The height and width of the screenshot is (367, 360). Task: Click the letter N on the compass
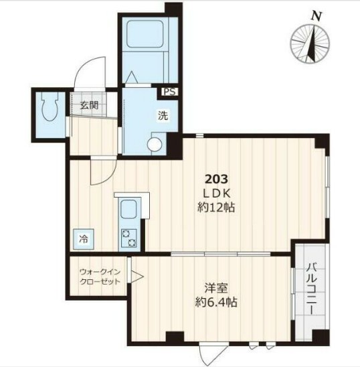316,15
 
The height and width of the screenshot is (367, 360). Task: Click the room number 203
216,179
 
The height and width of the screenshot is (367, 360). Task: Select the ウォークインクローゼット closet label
100,277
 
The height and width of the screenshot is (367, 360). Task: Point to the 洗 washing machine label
163,115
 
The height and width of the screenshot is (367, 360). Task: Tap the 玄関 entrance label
89,104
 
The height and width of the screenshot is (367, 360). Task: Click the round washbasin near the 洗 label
156,143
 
